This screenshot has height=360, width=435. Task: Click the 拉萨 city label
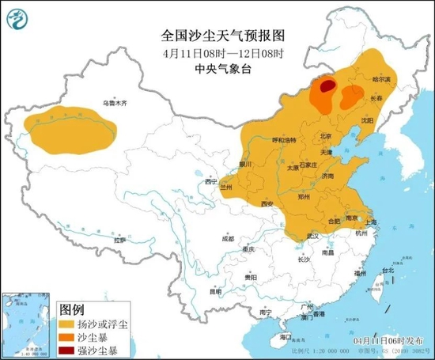tap(119, 239)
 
